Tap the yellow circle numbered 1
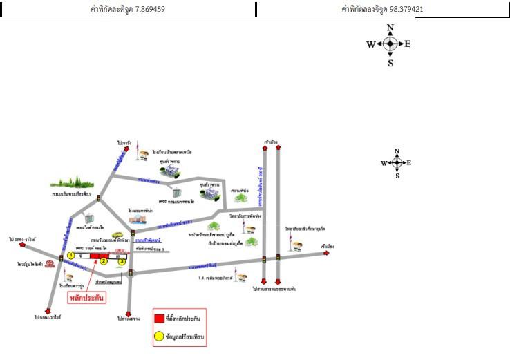coord(70,255)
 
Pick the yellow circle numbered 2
coord(104,261)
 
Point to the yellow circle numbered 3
coord(122,261)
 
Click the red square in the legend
coord(160,318)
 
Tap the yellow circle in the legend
coord(160,337)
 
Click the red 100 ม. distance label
coord(120,250)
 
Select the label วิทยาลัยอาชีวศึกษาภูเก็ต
coord(305,228)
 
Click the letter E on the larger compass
coord(408,44)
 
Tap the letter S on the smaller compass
coord(397,176)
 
